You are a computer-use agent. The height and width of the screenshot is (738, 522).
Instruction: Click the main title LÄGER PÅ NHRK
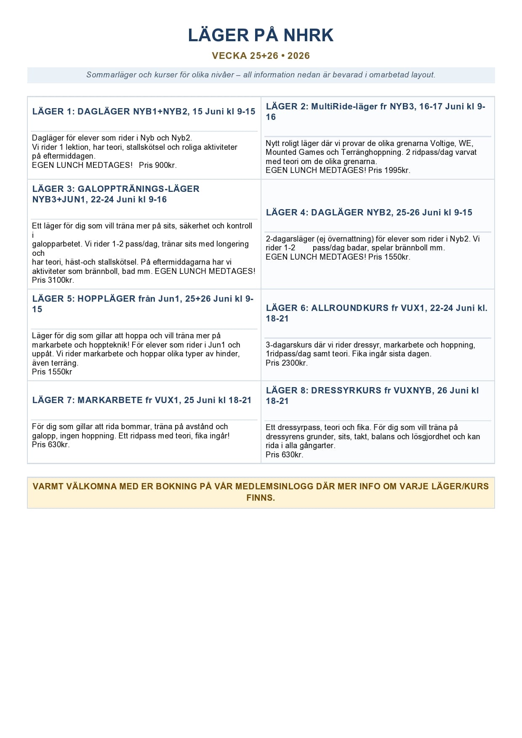(261, 35)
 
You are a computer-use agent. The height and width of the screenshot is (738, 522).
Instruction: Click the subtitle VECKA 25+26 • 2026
(261, 56)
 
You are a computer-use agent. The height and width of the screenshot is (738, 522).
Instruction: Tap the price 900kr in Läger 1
(165, 165)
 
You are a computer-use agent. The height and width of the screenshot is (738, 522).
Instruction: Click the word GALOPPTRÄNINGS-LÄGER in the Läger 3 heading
(138, 189)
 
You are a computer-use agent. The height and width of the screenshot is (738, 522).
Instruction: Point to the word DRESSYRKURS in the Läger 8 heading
(346, 390)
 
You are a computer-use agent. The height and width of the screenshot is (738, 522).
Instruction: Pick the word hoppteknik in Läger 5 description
(107, 345)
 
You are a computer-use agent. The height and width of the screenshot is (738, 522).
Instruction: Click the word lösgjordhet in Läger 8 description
(426, 437)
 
